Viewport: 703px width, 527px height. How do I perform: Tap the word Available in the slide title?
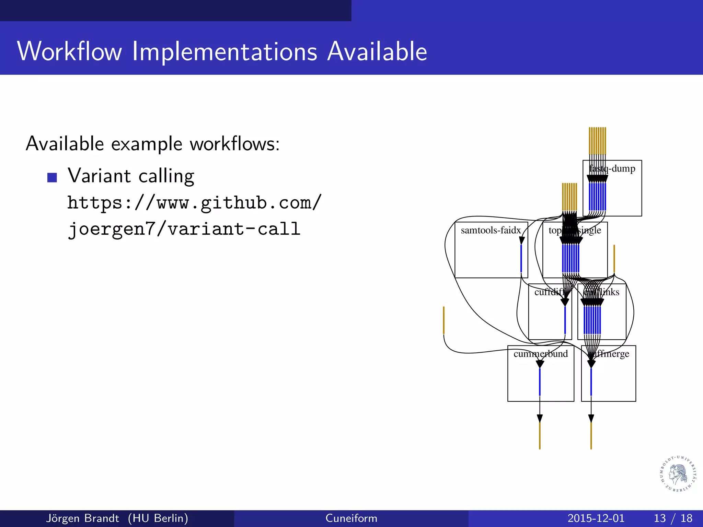point(377,51)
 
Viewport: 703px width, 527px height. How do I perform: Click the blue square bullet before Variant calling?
point(52,177)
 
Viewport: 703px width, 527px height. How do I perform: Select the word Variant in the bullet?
point(99,176)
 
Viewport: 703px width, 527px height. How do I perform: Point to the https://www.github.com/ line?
point(194,202)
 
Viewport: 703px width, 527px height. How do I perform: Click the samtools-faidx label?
point(491,230)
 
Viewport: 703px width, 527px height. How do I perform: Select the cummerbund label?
point(541,354)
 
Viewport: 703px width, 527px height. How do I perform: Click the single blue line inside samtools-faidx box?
point(521,258)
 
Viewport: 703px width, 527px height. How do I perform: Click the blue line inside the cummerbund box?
point(540,382)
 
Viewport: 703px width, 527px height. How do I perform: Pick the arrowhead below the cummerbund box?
point(540,418)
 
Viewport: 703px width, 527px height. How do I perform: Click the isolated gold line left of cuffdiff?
point(444,320)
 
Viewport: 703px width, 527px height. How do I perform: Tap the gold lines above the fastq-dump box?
point(597,141)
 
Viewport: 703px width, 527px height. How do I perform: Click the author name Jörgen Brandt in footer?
point(82,518)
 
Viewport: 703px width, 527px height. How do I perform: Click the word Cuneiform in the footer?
point(351,518)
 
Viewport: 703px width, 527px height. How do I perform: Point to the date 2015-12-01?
point(596,518)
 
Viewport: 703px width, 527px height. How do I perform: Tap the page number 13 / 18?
point(673,518)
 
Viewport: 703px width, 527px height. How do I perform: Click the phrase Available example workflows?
point(153,143)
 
